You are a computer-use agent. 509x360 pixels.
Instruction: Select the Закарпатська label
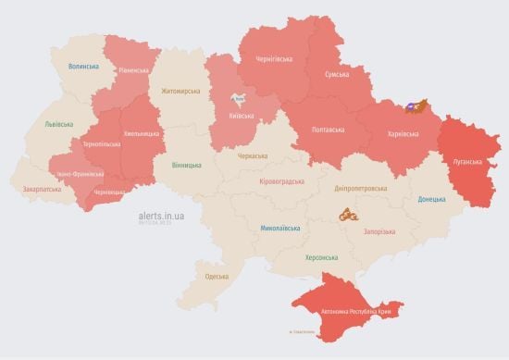tap(43, 189)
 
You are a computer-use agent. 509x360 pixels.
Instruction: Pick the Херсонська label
tap(321, 257)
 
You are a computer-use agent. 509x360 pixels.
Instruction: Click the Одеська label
tap(217, 277)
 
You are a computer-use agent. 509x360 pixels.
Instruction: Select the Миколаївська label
tap(279, 227)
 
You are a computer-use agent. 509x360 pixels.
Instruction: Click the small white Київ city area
tap(240, 98)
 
